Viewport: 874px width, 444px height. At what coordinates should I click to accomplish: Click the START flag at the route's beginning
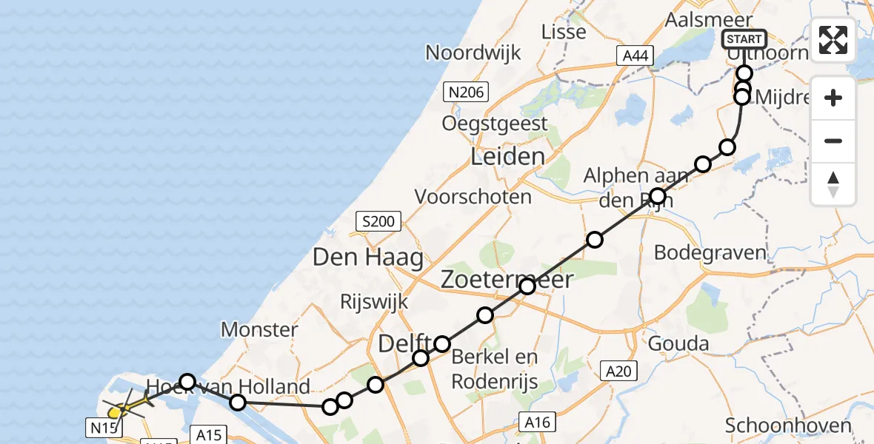point(744,38)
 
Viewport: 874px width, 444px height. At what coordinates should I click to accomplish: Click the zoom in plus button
point(833,98)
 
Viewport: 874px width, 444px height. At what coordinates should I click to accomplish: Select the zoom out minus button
point(833,141)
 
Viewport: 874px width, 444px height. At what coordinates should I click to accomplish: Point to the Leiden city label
point(508,157)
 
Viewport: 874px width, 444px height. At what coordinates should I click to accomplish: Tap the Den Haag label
point(368,258)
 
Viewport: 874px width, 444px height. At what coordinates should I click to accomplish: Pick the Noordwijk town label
point(473,53)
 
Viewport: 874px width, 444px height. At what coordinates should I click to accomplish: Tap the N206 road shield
point(464,92)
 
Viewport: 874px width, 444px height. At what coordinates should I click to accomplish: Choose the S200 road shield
point(378,221)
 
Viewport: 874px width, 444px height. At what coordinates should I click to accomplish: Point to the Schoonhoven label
point(787,425)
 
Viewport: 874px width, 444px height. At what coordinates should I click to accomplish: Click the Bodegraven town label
point(710,252)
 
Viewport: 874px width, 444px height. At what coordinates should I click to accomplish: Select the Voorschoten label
point(473,197)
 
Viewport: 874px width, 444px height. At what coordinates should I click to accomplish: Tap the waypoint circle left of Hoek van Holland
point(187,381)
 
